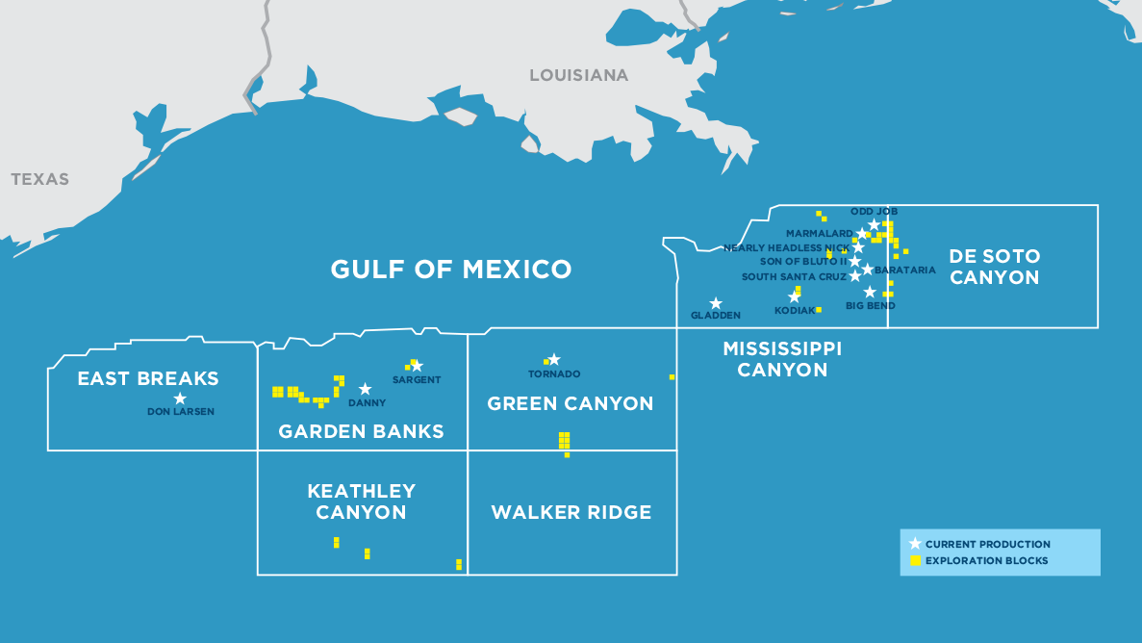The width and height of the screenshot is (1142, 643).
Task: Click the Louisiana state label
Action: pos(578,75)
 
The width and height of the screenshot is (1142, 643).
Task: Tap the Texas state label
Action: pos(39,179)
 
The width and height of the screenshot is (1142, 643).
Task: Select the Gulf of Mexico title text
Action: pos(451,269)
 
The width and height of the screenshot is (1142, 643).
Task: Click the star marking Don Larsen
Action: pos(180,398)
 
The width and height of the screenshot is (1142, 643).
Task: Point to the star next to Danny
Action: pos(365,389)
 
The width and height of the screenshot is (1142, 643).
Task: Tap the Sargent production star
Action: pos(417,366)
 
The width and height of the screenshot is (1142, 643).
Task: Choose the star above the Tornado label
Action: pos(554,359)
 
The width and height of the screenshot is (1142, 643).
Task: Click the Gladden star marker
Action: pos(716,303)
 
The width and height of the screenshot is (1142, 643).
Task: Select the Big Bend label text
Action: pos(870,306)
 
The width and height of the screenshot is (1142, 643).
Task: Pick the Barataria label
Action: pos(905,270)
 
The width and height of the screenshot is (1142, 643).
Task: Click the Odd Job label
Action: pos(874,211)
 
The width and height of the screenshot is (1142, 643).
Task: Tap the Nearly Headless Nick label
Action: pos(786,247)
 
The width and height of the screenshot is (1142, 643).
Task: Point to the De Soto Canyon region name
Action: pos(994,267)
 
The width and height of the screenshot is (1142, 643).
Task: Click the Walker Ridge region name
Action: pos(571,512)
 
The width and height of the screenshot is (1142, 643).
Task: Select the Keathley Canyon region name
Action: pos(361,502)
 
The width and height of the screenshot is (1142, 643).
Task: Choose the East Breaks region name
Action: pos(148,378)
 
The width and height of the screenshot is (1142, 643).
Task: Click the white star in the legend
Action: pos(915,544)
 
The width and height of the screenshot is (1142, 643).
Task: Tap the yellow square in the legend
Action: pos(915,560)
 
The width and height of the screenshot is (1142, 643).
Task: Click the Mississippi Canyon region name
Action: pos(782,358)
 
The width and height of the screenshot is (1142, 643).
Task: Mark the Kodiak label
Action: pos(794,311)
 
